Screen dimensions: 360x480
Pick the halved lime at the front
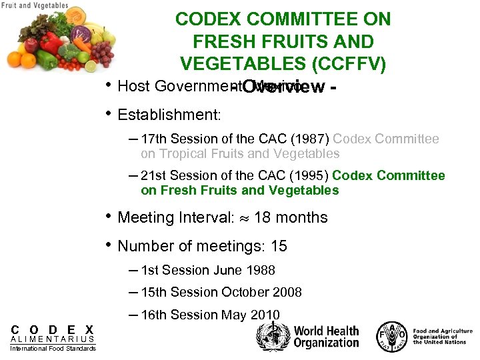91,66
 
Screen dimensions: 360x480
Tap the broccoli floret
69,51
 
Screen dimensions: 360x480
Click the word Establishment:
169,115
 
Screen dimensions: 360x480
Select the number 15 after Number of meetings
279,247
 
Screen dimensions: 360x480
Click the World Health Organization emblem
273,337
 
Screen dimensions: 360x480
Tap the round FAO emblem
391,336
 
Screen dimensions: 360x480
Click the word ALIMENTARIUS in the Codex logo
53,339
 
